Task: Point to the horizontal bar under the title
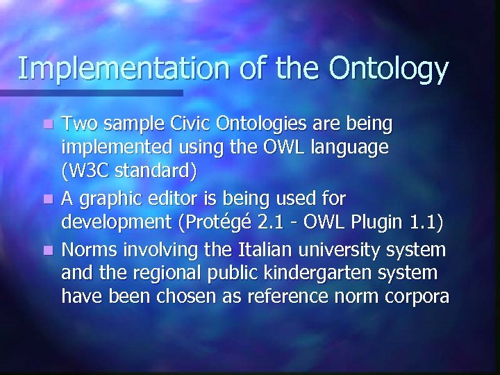click(90, 92)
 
